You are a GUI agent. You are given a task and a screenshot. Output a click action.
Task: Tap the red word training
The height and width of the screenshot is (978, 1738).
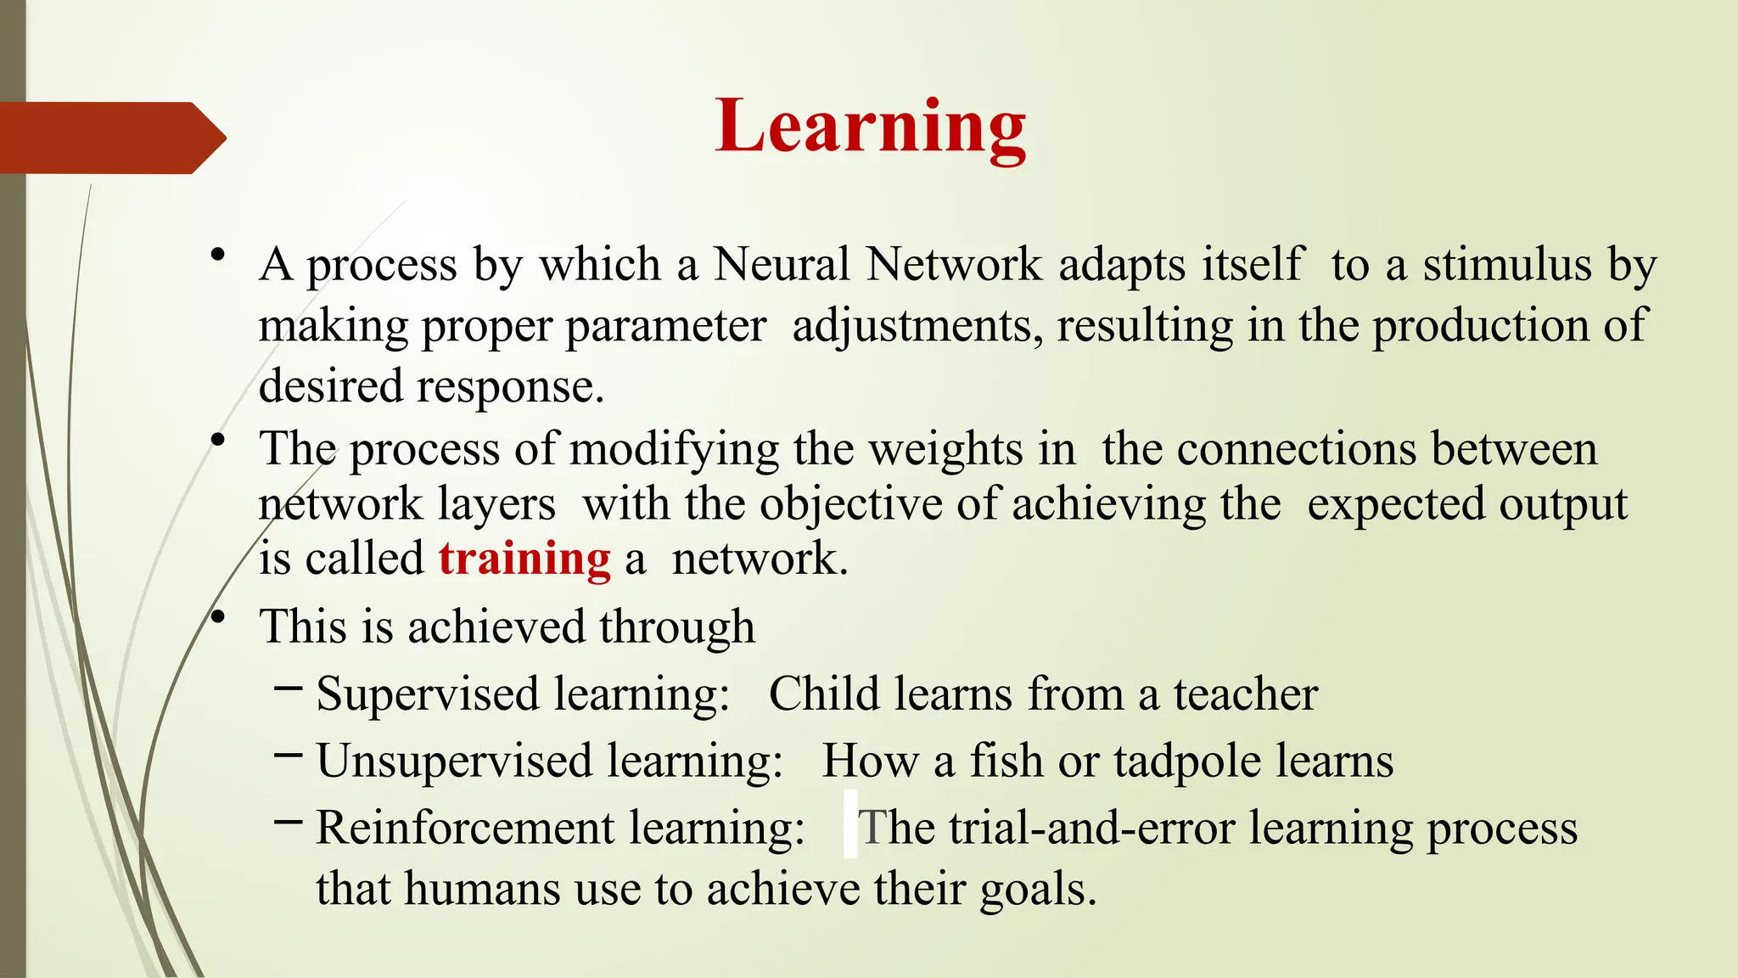pos(524,559)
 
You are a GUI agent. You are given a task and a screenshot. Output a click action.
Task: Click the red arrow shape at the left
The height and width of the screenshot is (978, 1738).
pos(110,138)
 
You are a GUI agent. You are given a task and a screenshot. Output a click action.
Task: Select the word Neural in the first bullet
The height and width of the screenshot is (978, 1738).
pos(782,264)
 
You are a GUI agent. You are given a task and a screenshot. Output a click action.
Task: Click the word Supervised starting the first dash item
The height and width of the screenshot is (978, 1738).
pos(428,694)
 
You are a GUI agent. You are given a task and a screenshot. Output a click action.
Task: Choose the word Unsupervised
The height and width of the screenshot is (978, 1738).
pos(454,761)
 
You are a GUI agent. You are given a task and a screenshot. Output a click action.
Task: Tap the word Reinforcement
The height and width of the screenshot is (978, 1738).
pos(465,828)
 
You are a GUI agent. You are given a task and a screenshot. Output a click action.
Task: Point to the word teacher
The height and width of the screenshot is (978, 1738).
pos(1246,694)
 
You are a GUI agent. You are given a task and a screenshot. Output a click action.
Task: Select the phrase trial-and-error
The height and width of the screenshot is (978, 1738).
pos(1091,828)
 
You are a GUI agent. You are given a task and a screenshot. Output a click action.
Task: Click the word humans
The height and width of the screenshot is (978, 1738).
pos(480,890)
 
